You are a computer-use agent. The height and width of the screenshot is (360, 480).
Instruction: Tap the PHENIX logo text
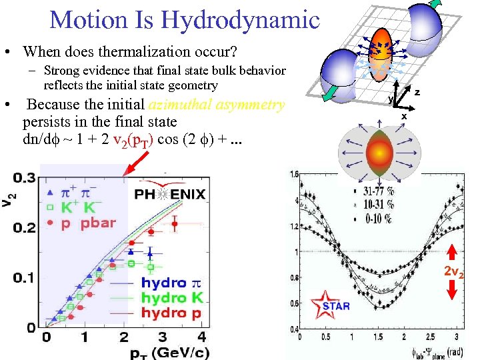[x=171, y=195]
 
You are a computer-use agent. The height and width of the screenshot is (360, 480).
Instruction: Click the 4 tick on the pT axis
[x=201, y=337]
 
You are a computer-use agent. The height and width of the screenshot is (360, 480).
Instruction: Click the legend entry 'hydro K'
[x=173, y=298]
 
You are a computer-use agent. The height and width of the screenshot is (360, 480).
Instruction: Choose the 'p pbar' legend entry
[x=89, y=223]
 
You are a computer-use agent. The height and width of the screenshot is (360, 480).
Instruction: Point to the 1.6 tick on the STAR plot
[x=293, y=175]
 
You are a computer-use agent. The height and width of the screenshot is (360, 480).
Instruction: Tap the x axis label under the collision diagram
[x=403, y=116]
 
